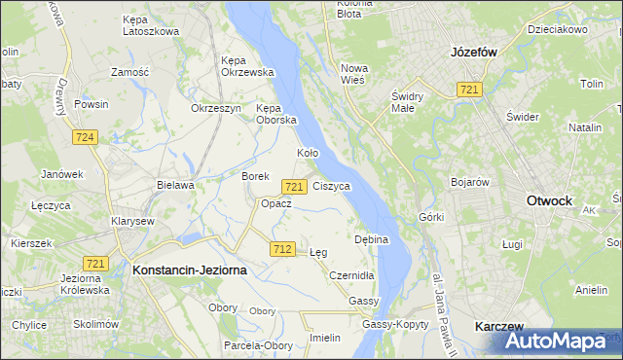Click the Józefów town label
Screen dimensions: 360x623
point(475,54)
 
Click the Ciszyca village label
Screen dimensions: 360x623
point(332,185)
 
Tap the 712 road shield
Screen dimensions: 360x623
point(282,250)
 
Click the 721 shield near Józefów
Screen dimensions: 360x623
point(469,90)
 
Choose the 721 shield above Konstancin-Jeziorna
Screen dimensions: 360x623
point(95,264)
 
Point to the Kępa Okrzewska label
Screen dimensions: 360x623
point(247,65)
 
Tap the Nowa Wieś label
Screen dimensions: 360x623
point(352,74)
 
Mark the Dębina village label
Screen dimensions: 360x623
point(372,238)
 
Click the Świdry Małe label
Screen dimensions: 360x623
point(412,102)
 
